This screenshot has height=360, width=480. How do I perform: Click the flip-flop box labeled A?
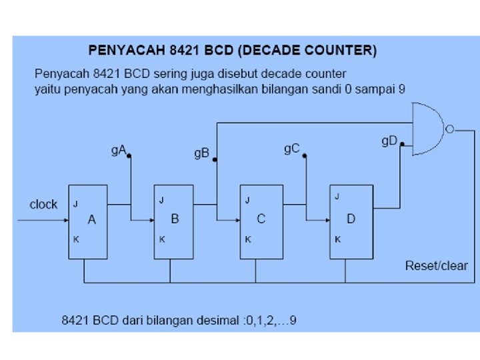click(x=88, y=221)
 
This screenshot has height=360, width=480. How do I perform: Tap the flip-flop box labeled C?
click(x=261, y=221)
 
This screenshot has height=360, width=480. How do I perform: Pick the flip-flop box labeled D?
click(x=351, y=221)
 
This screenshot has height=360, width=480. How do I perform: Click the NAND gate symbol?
click(x=428, y=129)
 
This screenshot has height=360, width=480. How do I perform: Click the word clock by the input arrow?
click(x=43, y=205)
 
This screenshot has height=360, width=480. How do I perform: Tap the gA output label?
click(x=119, y=151)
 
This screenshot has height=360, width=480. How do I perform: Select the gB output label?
click(x=202, y=154)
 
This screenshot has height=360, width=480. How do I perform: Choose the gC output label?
click(x=292, y=149)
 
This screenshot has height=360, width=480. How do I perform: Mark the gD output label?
click(x=389, y=141)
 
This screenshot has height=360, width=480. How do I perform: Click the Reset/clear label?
click(x=437, y=266)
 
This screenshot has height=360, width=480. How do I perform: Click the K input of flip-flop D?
click(x=337, y=239)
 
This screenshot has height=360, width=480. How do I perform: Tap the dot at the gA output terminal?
click(x=129, y=156)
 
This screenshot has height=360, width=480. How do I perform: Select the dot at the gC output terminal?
click(x=305, y=156)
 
